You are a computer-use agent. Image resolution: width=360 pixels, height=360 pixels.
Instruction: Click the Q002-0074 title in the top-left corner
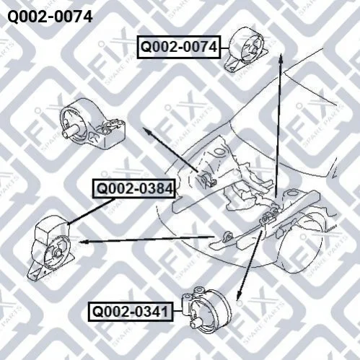pyautogui.click(x=50, y=17)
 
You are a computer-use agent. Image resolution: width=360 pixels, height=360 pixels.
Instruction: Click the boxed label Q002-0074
pyautogui.click(x=179, y=47)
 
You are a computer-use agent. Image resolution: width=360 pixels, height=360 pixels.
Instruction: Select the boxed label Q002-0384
pyautogui.click(x=134, y=189)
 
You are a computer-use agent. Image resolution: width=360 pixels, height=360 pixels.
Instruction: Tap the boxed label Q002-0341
pyautogui.click(x=131, y=312)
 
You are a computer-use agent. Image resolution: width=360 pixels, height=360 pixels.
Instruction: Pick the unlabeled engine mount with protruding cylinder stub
pyautogui.click(x=92, y=124)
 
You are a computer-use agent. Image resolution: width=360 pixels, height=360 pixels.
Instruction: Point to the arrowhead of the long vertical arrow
pyautogui.click(x=281, y=58)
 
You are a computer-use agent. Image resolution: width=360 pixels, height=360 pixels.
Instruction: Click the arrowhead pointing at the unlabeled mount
pyautogui.click(x=146, y=131)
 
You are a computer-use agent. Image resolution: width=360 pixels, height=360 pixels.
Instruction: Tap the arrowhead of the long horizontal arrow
pyautogui.click(x=82, y=242)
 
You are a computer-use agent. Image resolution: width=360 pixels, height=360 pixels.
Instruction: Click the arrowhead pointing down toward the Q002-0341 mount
pyautogui.click(x=240, y=295)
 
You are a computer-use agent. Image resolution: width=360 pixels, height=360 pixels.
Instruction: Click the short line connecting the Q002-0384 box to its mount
pyautogui.click(x=91, y=211)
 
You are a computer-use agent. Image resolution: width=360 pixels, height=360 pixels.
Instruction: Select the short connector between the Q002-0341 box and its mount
pyautogui.click(x=177, y=312)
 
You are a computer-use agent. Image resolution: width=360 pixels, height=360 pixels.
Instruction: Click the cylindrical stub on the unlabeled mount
pyautogui.click(x=70, y=131)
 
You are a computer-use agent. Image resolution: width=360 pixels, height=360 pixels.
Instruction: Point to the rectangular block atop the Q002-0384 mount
pyautogui.click(x=49, y=229)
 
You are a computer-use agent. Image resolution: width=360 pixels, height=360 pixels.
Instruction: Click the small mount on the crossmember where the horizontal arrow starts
pyautogui.click(x=227, y=236)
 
